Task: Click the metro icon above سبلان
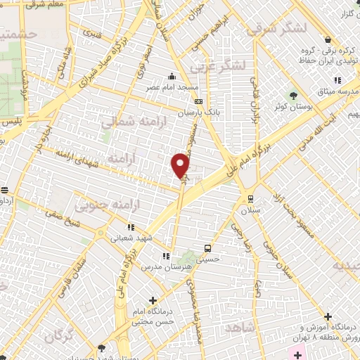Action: click(250, 178)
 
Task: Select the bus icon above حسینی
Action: click(207, 248)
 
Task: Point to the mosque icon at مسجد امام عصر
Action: click(172, 77)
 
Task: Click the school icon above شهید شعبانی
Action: click(130, 227)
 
